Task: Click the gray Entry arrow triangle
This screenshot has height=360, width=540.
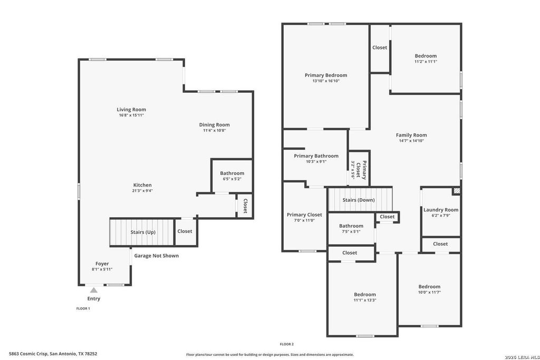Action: (x=94, y=290)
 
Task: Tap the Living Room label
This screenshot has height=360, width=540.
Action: (x=131, y=110)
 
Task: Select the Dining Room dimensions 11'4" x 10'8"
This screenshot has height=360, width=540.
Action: (x=214, y=130)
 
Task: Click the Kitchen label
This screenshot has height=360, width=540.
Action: (x=142, y=185)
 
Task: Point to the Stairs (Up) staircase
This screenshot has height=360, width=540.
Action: (x=141, y=232)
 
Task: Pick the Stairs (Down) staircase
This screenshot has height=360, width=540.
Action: (x=360, y=199)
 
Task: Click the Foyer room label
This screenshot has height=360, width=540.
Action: (x=102, y=264)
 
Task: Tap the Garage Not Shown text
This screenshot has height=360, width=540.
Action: (x=156, y=256)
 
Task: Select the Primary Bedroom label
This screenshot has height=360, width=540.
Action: (x=326, y=75)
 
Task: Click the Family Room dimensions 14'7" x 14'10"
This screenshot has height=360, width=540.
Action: (x=411, y=141)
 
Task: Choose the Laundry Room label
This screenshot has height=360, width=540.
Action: (x=441, y=210)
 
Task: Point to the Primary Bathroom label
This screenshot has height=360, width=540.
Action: (x=316, y=156)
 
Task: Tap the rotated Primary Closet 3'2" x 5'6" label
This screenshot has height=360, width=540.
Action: (x=358, y=170)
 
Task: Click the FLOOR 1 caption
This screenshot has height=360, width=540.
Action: (x=83, y=309)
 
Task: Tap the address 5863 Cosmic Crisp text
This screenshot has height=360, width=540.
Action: (x=28, y=354)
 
